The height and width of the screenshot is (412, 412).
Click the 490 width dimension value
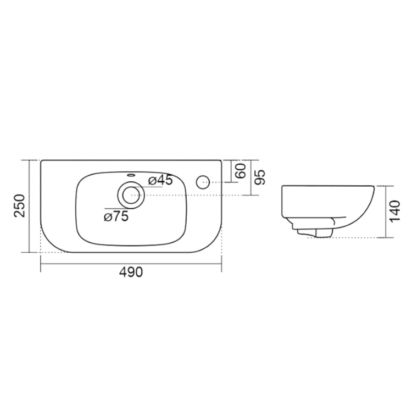click(131, 272)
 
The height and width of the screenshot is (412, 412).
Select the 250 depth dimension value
click(19, 205)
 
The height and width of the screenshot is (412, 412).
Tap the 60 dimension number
click(241, 171)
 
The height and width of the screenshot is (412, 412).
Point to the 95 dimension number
click(260, 177)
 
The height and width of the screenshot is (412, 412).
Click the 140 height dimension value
click(395, 211)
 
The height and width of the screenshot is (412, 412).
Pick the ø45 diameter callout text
click(160, 180)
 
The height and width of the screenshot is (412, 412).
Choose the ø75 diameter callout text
click(116, 216)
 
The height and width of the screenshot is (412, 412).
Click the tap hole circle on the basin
click(203, 182)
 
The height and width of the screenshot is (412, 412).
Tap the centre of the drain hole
click(131, 195)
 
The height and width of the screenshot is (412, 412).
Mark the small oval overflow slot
click(131, 175)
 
